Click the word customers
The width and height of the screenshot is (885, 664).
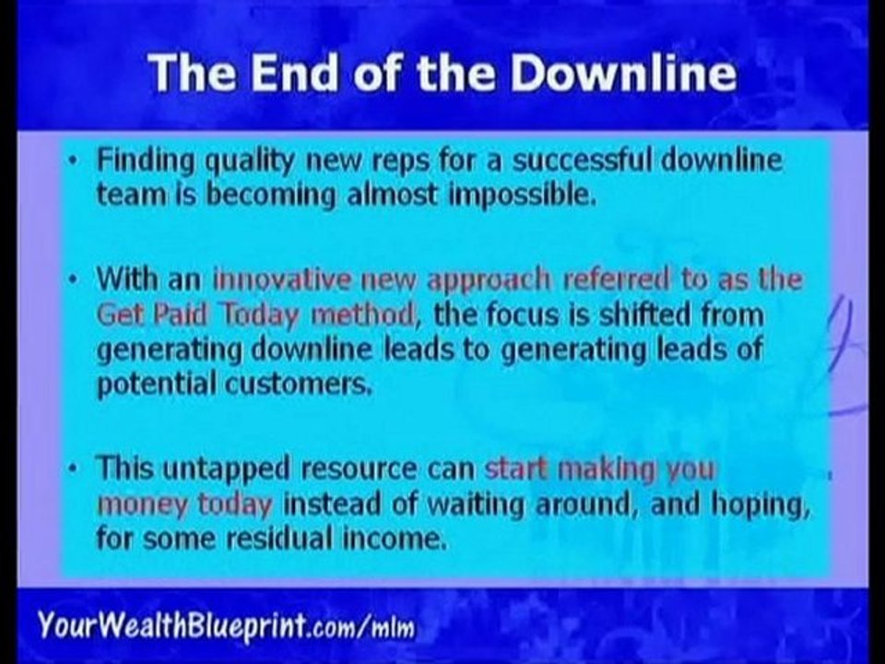coord(288,385)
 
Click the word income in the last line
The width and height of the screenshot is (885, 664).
coord(401,539)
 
